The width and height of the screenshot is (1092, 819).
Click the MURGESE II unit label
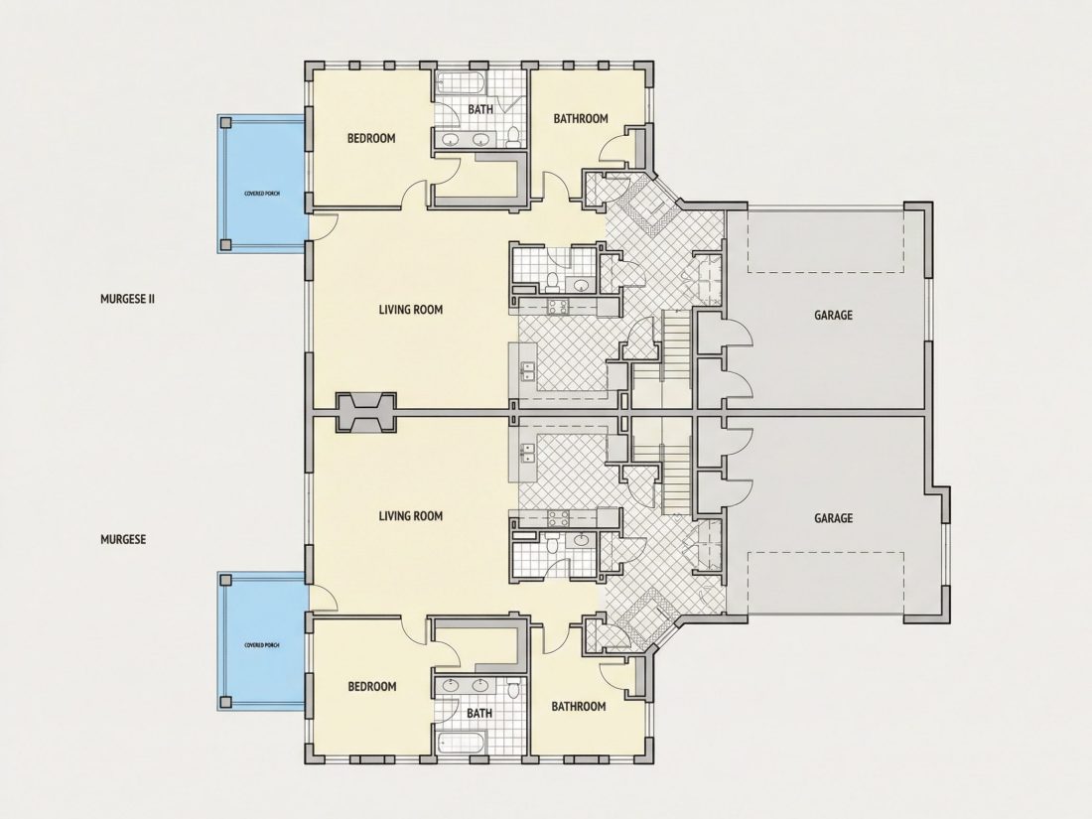(x=127, y=299)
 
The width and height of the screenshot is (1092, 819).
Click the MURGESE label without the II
(x=123, y=539)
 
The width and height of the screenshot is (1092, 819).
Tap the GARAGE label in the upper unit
(x=833, y=315)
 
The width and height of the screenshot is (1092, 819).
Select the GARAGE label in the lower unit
(x=833, y=518)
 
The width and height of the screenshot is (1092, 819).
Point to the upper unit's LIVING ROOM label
(x=411, y=309)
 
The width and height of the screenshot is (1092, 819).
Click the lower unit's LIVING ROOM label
(x=411, y=516)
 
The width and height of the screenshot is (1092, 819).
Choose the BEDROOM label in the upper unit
(x=371, y=138)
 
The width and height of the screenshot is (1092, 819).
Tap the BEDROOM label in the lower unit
(x=372, y=687)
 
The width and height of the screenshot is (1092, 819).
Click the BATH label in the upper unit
(x=479, y=109)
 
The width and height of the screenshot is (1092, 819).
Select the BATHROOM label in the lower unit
(x=579, y=706)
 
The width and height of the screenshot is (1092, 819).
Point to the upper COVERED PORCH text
(x=262, y=193)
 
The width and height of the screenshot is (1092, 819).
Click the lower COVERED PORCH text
(x=262, y=645)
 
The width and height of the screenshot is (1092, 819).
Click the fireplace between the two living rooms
(x=366, y=412)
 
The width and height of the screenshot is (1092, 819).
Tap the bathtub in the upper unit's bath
(x=460, y=82)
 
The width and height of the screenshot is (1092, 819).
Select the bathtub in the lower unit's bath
(x=460, y=743)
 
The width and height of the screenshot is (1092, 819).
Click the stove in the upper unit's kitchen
(x=558, y=305)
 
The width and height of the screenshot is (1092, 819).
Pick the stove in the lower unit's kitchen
(x=558, y=518)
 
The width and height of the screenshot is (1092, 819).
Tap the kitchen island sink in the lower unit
(x=526, y=453)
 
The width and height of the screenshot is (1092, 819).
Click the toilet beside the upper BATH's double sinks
(x=514, y=136)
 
